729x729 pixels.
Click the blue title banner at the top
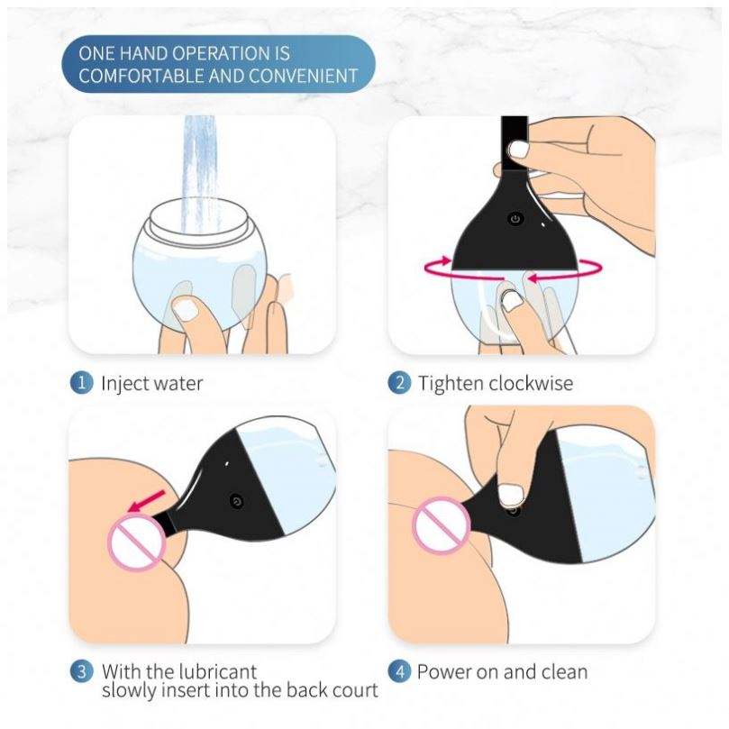[x=218, y=64]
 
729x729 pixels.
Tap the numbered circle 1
[x=81, y=383]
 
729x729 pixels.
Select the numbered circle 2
[x=399, y=383]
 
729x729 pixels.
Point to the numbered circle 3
[x=81, y=672]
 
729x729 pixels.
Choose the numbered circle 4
[x=399, y=672]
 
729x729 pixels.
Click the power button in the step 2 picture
[x=515, y=218]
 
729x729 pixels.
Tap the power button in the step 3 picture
[x=237, y=501]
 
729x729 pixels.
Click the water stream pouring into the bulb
[x=199, y=174]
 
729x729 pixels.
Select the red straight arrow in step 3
[x=146, y=501]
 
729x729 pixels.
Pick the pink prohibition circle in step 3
[x=136, y=542]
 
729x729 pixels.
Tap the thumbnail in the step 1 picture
[x=187, y=309]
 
